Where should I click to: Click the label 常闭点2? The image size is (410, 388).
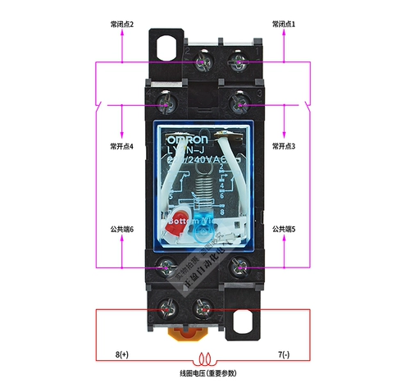pyautogui.click(x=121, y=25)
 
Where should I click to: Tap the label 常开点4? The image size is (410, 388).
pyautogui.click(x=121, y=146)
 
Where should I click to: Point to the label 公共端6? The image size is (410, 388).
pyautogui.click(x=121, y=229)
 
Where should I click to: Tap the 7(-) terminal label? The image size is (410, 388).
pyautogui.click(x=285, y=354)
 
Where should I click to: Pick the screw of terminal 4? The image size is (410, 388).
pyautogui.click(x=166, y=104)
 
